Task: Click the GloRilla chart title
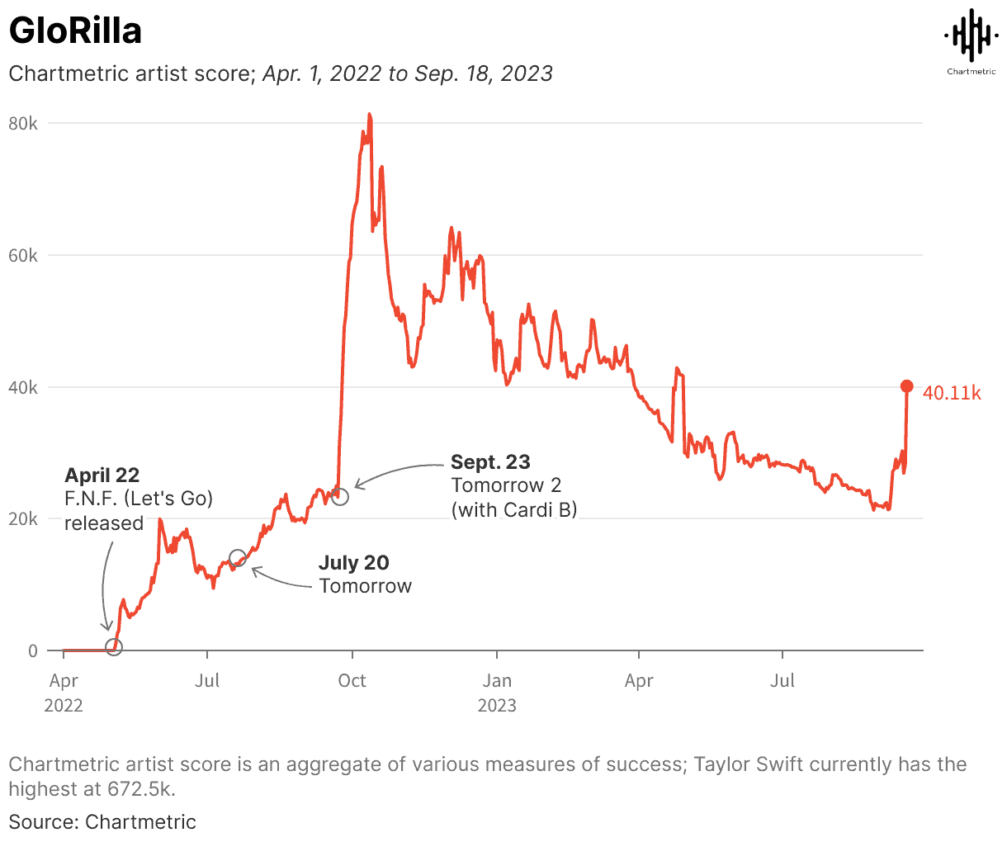(75, 31)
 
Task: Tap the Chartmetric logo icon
(971, 35)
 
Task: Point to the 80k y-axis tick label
(22, 124)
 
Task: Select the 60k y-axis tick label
(22, 256)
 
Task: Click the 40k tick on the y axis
(22, 388)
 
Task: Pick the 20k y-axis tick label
(22, 519)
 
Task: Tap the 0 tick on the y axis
(32, 651)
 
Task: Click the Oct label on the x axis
(352, 681)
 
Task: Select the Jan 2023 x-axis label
(497, 692)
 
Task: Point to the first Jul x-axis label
(207, 681)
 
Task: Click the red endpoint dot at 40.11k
(906, 386)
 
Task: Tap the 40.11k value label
(952, 394)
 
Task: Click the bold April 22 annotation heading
(102, 475)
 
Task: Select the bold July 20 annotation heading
(353, 563)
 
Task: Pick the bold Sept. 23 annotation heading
(490, 462)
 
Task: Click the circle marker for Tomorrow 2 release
(339, 497)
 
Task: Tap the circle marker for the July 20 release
(238, 559)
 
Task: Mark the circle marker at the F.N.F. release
(114, 646)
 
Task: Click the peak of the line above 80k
(370, 115)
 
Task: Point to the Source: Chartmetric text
(102, 822)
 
